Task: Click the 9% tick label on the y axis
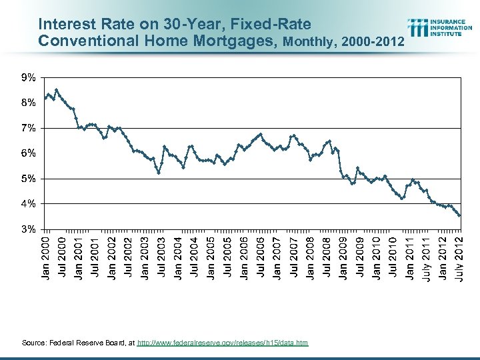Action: (28, 78)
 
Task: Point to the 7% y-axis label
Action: (28, 128)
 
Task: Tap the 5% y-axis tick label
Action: (28, 179)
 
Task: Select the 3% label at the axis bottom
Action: (28, 229)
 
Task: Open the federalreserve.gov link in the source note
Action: (223, 343)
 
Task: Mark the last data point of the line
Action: (459, 215)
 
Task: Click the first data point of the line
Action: (45, 98)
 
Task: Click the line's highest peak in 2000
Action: (57, 89)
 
